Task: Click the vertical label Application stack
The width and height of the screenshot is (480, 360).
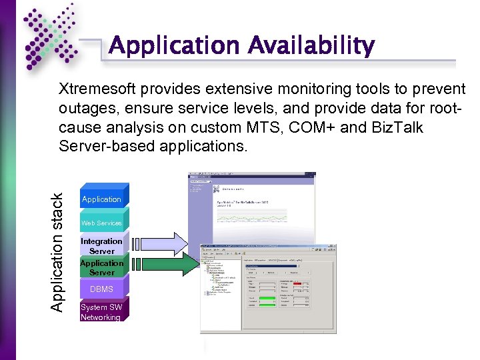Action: [59, 252]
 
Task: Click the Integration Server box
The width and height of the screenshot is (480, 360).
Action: [101, 246]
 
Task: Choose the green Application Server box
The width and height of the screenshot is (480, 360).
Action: [101, 267]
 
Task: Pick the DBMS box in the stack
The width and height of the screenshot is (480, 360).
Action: [101, 289]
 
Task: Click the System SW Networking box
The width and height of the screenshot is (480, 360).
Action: [101, 312]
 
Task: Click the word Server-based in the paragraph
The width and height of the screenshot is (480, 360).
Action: [102, 146]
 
